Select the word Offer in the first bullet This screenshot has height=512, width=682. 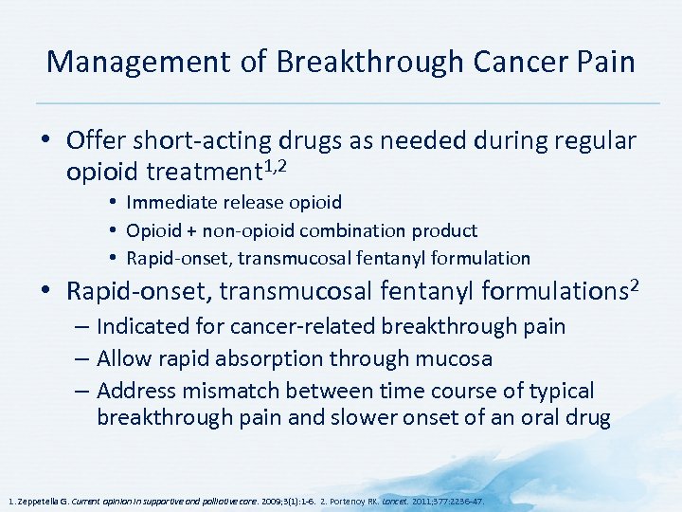click(90, 141)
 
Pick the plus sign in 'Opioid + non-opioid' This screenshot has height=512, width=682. click(194, 230)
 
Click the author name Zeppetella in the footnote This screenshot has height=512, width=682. click(39, 500)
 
